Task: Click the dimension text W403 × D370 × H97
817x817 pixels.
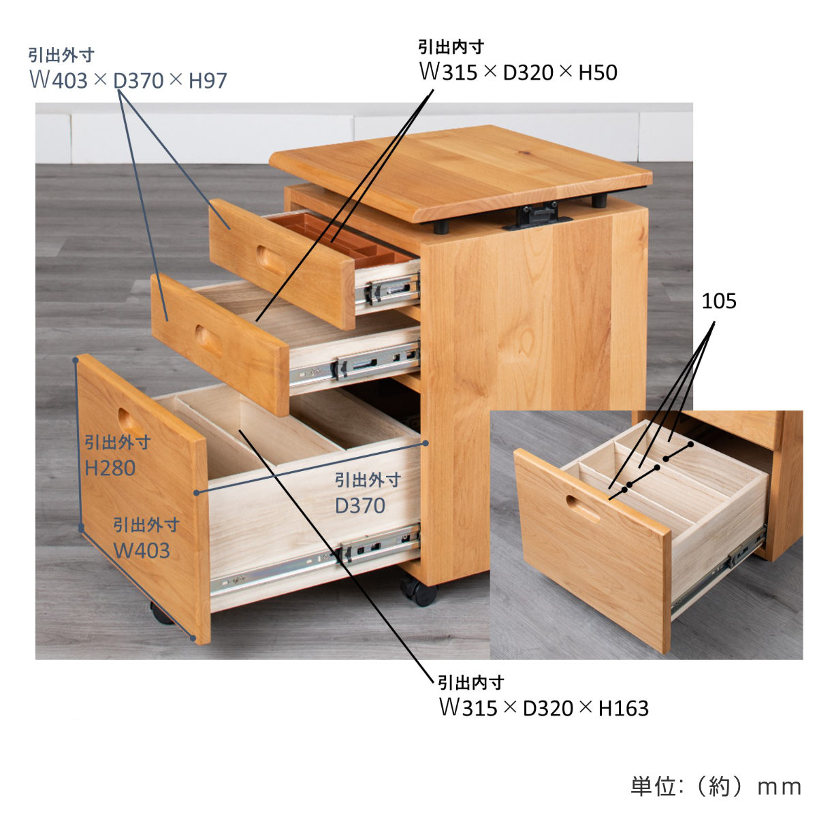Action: pos(129,80)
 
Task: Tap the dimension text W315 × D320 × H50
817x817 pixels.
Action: pos(518,72)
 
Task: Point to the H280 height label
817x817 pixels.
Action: pos(110,468)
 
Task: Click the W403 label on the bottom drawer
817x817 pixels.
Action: pos(142,550)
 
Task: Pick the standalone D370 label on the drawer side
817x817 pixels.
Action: pos(360,505)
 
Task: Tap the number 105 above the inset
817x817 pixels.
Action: pos(719,301)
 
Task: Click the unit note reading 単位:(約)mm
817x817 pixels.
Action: pos(716,787)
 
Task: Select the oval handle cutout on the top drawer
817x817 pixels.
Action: pos(270,260)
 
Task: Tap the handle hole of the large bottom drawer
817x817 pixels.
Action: pos(133,421)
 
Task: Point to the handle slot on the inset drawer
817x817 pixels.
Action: pos(583,508)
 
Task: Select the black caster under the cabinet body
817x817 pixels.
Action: pos(419,590)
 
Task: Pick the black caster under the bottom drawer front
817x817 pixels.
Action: pos(162,613)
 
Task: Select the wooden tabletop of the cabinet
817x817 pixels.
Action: pos(461,174)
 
